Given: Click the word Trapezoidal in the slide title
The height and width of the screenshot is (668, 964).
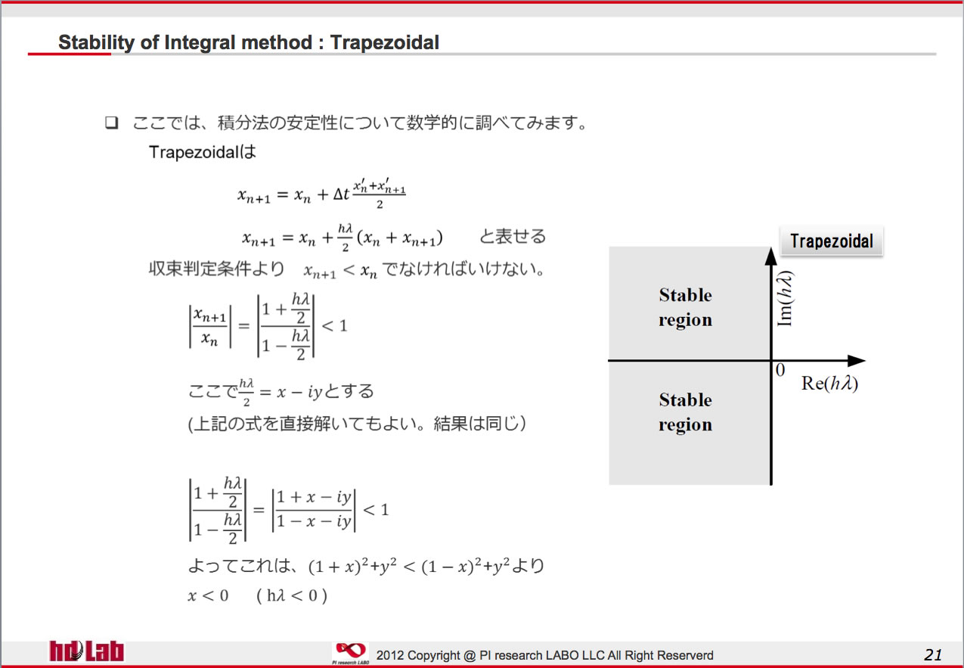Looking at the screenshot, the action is pos(384,42).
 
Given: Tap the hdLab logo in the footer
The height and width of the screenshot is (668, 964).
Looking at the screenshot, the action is pos(86,651).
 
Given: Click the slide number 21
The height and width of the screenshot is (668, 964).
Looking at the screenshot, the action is pos(932,654).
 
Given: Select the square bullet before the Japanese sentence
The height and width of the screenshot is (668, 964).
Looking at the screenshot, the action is pos(111,123).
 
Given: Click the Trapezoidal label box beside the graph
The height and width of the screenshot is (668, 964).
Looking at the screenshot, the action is pos(832,241).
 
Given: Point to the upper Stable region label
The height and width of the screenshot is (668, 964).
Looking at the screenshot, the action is pos(685,307).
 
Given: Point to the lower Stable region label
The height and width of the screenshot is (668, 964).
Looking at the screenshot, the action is pos(685,412).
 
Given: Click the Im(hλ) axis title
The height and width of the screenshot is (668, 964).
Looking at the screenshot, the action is pos(785,298).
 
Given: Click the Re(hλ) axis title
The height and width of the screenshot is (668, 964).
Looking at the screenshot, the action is pos(829,383).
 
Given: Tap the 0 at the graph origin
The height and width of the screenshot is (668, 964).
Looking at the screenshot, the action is pos(780,370).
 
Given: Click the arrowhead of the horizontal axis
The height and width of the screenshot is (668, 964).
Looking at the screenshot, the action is pos(857,361).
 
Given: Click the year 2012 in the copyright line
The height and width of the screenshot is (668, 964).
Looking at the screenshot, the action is pos(390,655).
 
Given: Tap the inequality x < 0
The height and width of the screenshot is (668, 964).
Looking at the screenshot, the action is pos(208,595).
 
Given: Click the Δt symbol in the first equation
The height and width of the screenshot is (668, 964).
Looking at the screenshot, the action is pos(341,194).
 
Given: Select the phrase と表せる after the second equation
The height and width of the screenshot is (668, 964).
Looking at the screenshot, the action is pos(513,237).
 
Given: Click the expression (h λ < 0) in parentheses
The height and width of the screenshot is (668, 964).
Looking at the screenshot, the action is pos(292,595).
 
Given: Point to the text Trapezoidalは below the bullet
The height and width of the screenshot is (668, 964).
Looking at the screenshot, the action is pos(203,152).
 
